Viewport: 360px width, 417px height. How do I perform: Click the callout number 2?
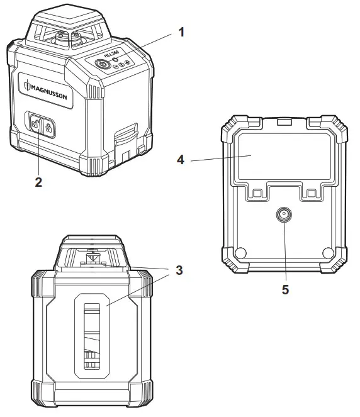pos(38,182)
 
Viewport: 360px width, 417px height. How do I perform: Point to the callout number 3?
pos(179,270)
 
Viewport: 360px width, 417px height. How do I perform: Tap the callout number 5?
pos(285,291)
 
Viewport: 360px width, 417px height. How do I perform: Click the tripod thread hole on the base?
pos(284,215)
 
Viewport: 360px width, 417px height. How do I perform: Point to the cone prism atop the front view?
pos(92,258)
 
